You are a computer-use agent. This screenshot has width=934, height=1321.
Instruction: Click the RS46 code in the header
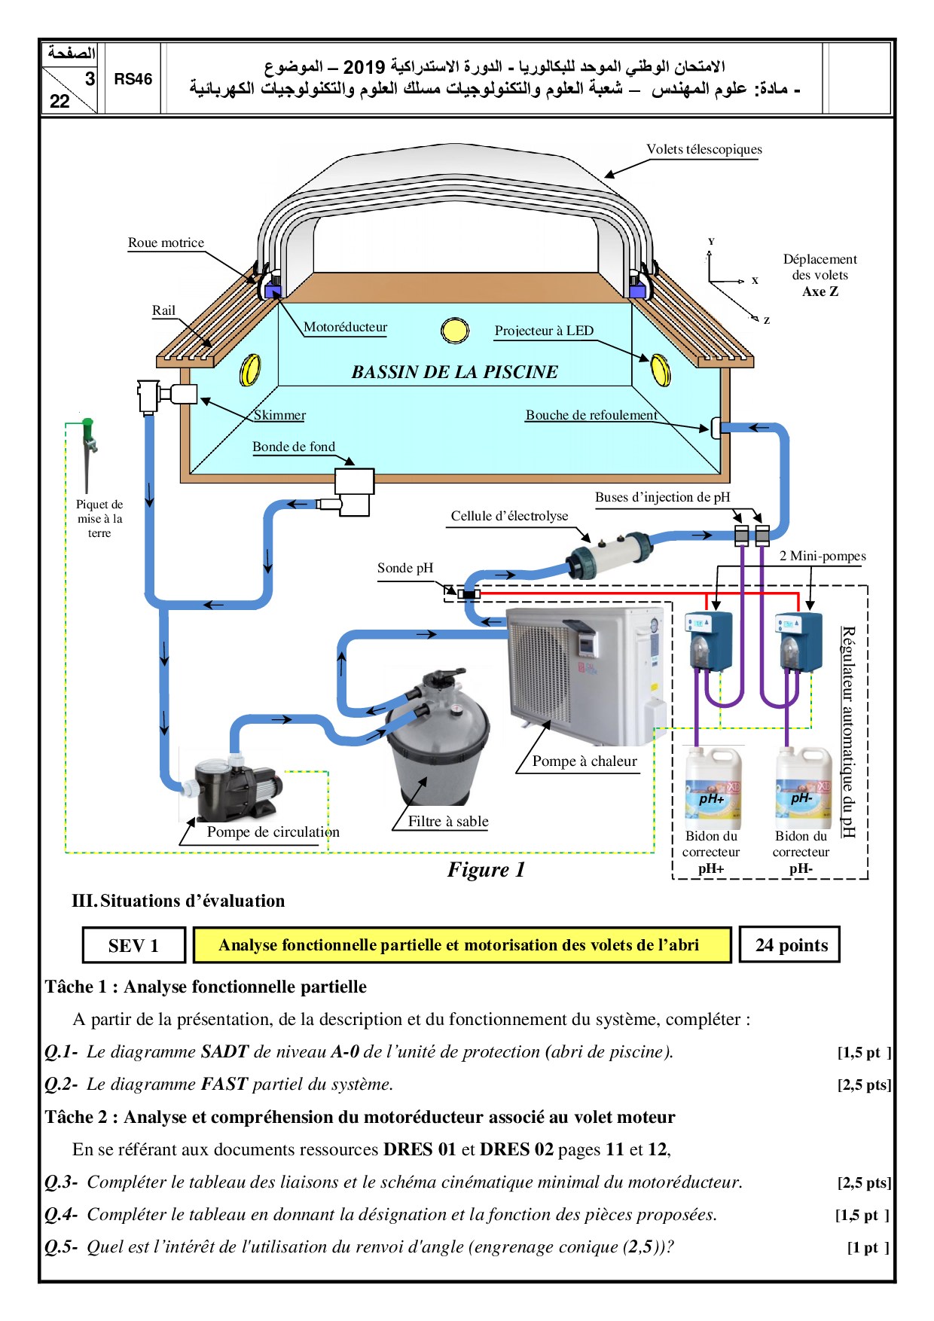[x=133, y=79]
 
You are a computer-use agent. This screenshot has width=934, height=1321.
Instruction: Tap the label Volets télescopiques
[x=704, y=149]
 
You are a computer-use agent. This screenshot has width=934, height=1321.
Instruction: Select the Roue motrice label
[x=166, y=243]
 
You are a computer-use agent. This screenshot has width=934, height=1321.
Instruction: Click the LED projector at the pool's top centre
[x=454, y=330]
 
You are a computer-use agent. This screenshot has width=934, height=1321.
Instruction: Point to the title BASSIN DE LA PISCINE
[x=454, y=372]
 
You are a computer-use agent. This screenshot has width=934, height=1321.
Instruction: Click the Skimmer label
[x=279, y=415]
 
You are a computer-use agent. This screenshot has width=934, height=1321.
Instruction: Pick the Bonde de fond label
[x=293, y=447]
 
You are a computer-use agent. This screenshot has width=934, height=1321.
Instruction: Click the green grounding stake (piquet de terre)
[x=89, y=452]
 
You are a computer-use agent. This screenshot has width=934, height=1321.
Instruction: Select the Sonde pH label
[x=405, y=568]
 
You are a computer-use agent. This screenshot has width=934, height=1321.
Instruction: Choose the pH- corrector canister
[x=803, y=787]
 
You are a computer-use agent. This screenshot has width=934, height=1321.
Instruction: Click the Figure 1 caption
[x=486, y=870]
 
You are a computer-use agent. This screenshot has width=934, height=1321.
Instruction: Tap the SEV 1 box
[x=133, y=945]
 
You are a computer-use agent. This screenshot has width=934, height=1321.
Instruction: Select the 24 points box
[x=791, y=945]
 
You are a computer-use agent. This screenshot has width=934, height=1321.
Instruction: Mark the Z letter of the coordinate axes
[x=767, y=321]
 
